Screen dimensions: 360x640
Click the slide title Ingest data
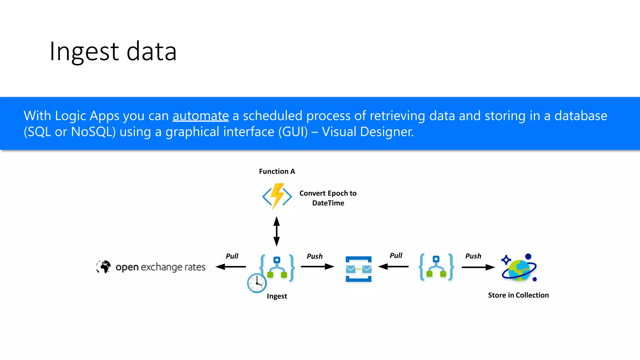pyautogui.click(x=113, y=52)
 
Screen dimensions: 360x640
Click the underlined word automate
pyautogui.click(x=201, y=116)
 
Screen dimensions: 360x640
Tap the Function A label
pyautogui.click(x=277, y=172)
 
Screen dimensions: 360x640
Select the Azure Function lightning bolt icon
pyautogui.click(x=277, y=196)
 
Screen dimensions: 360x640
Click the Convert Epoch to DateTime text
pyautogui.click(x=328, y=198)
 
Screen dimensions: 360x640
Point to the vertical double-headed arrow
pyautogui.click(x=277, y=231)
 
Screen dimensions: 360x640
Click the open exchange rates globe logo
pyautogui.click(x=103, y=267)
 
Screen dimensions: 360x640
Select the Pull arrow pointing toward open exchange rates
pyautogui.click(x=231, y=267)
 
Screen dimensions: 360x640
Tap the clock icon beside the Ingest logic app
pyautogui.click(x=257, y=283)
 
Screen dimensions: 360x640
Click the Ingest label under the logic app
pyautogui.click(x=277, y=296)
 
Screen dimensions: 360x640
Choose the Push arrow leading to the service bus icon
pyautogui.click(x=317, y=267)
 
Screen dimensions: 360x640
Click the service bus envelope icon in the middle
pyautogui.click(x=358, y=269)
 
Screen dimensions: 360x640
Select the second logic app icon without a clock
pyautogui.click(x=436, y=267)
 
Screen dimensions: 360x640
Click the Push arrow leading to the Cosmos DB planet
pyautogui.click(x=478, y=267)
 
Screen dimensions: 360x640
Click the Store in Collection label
pyautogui.click(x=518, y=295)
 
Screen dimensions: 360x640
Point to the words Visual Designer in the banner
pyautogui.click(x=367, y=132)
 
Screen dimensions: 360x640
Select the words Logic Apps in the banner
pyautogui.click(x=87, y=116)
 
